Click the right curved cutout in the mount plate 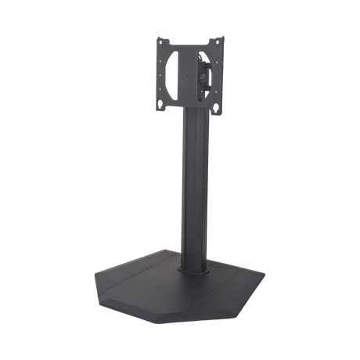point(205,72)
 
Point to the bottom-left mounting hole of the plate point(163,103)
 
